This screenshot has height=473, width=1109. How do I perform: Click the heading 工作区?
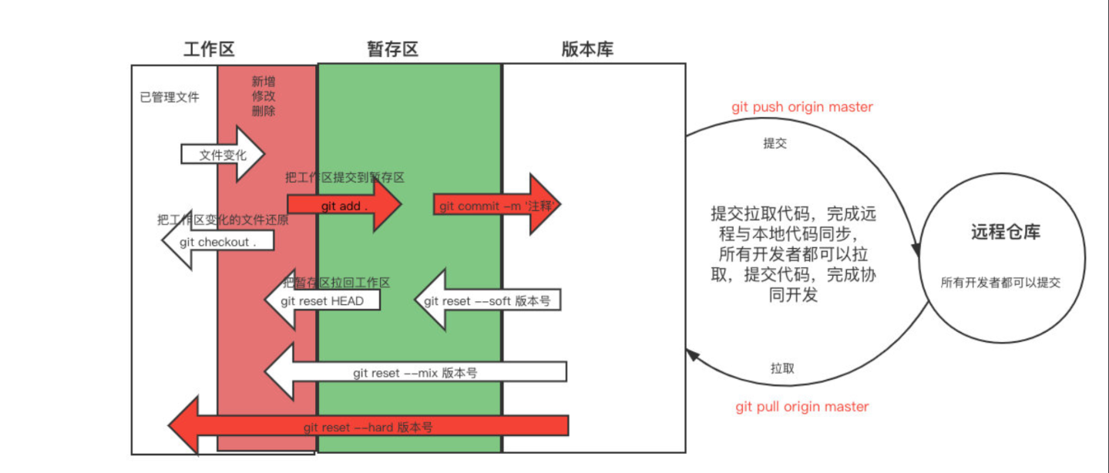pos(209,50)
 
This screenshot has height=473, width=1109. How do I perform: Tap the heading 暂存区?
pos(392,50)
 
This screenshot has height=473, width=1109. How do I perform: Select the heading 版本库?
pos(587,50)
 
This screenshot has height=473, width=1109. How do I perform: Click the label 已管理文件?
pos(170,98)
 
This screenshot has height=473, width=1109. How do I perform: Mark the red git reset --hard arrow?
pos(368,426)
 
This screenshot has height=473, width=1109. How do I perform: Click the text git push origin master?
pos(802,107)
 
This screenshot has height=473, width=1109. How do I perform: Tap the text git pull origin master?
pos(802,407)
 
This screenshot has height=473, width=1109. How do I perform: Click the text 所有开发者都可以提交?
pos(1000,283)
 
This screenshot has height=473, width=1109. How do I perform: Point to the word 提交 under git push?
pos(775,143)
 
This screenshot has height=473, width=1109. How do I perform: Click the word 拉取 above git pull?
pos(782,368)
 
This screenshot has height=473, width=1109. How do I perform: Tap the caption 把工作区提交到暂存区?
pos(344,177)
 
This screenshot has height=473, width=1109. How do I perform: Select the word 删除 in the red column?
pos(264,111)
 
